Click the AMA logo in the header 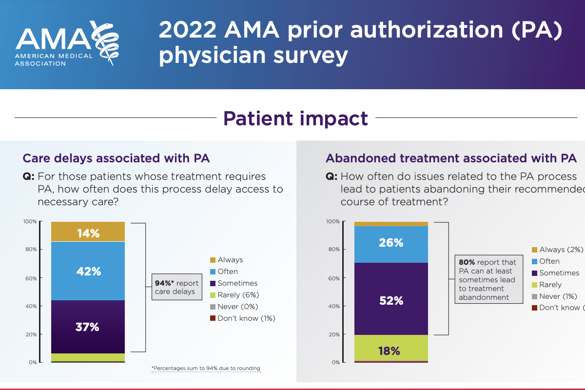click(68, 44)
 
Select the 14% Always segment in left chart click(88, 232)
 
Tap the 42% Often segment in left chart click(88, 271)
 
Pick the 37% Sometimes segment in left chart click(88, 327)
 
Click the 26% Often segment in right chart click(391, 242)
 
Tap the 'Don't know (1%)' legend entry click(242, 318)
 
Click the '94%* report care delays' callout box click(176, 287)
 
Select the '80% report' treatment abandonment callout click(486, 279)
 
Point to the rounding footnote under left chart click(206, 369)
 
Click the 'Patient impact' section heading click(295, 118)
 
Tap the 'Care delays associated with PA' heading click(117, 158)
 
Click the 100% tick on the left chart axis click(30, 222)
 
